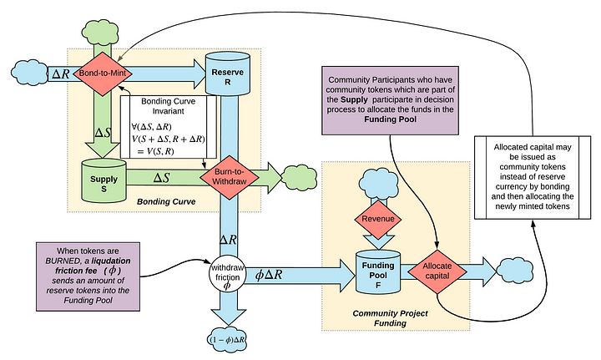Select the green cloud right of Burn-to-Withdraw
pyautogui.click(x=297, y=176)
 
